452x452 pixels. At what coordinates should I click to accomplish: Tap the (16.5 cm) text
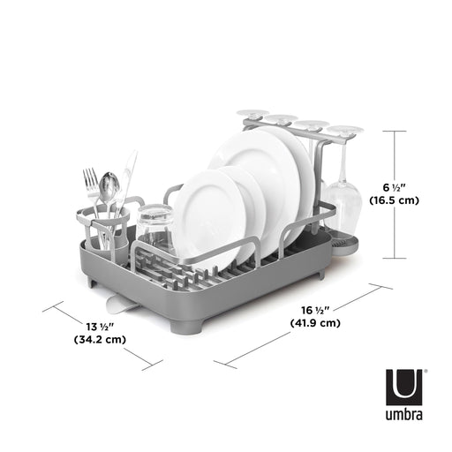[407, 200]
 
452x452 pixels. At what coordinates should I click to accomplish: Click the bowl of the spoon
[109, 185]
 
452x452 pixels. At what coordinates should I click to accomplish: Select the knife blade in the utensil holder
[129, 173]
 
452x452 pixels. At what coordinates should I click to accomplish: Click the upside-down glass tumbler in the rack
[154, 228]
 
